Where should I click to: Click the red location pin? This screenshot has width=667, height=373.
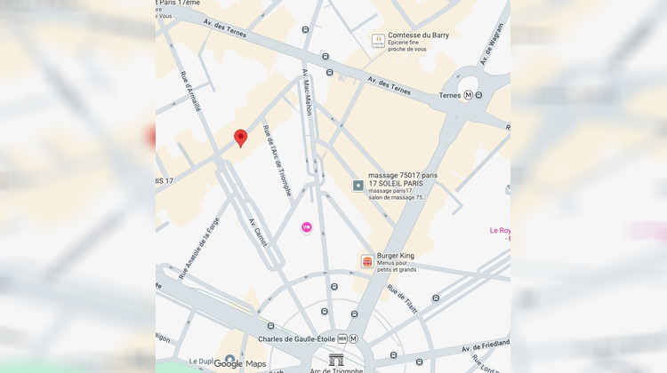tap(240, 138)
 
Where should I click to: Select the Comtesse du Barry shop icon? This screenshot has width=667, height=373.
tap(378, 41)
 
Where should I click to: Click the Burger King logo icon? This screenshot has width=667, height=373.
tap(366, 260)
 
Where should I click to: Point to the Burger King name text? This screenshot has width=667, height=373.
tap(395, 256)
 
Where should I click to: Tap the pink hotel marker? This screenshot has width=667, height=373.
tap(307, 228)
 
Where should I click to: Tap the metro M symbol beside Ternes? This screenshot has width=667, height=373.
tap(468, 95)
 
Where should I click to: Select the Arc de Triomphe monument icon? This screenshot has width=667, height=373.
tap(337, 360)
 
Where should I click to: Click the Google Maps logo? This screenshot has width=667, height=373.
tap(239, 363)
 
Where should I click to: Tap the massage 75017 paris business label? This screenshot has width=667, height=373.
tap(403, 176)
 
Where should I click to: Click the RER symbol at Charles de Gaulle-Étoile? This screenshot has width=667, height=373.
tap(342, 338)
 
